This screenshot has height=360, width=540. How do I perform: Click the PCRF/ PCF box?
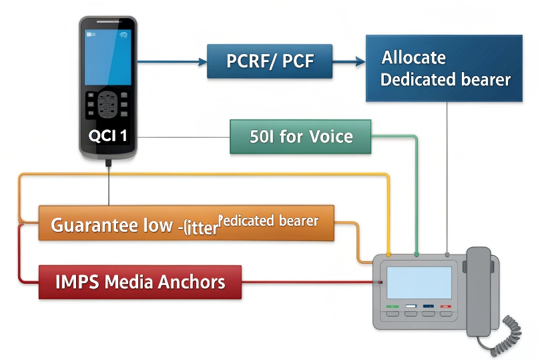click(269, 62)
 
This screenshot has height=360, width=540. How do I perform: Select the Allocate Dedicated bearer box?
click(444, 68)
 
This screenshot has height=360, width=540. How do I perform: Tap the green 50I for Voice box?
click(300, 137)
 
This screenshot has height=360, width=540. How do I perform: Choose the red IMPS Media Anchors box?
click(140, 281)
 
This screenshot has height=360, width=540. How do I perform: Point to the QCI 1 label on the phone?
click(107, 136)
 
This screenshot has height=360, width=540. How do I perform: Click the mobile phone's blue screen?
click(107, 57)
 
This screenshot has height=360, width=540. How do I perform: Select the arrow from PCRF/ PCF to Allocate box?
click(348, 62)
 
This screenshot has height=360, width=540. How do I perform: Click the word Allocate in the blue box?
click(413, 57)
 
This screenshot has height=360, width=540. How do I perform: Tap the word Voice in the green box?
click(331, 137)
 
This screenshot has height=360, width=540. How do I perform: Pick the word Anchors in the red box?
click(191, 281)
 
